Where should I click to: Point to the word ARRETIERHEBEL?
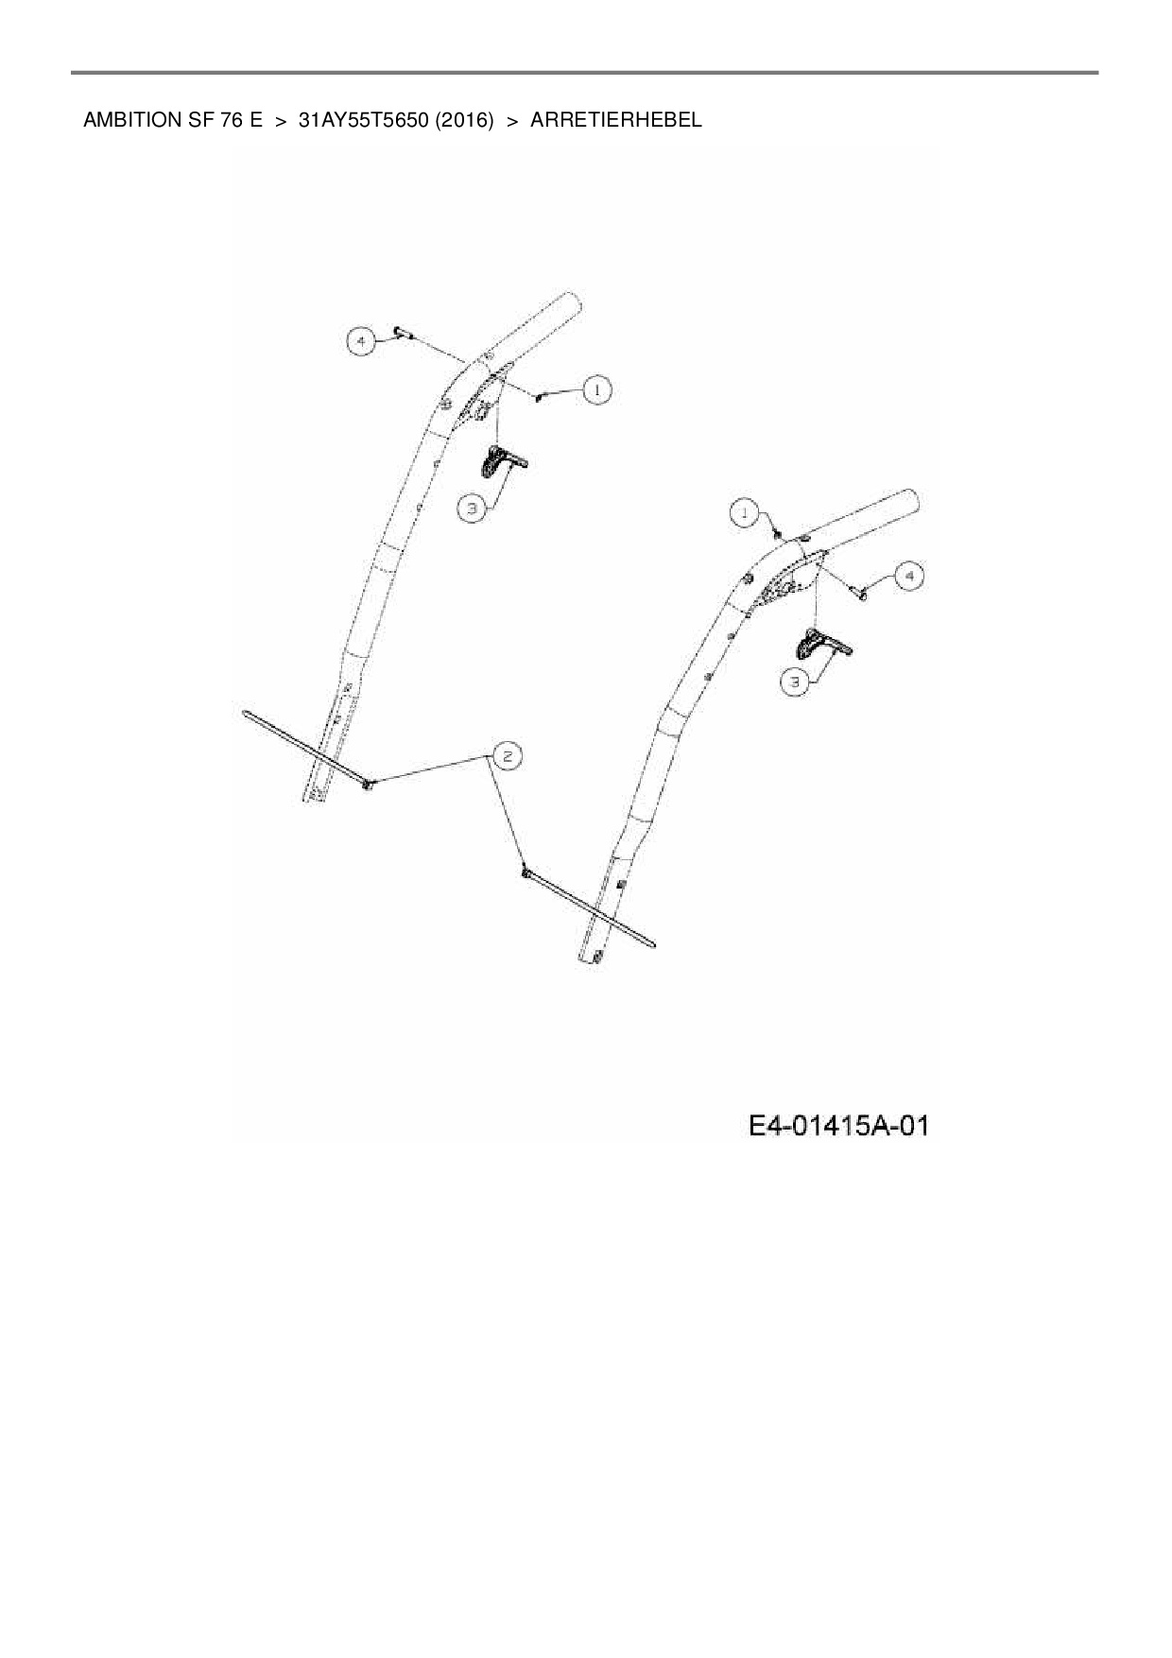click(615, 120)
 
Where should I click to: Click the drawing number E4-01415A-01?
click(838, 1126)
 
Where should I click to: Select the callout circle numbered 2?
click(507, 755)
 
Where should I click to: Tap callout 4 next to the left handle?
click(360, 339)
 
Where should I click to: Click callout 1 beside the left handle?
click(596, 389)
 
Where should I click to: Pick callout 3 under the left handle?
click(472, 509)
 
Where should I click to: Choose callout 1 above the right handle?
click(745, 512)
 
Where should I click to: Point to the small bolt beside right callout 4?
click(862, 593)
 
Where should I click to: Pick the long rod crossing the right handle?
click(591, 907)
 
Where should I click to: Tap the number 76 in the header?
click(233, 120)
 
